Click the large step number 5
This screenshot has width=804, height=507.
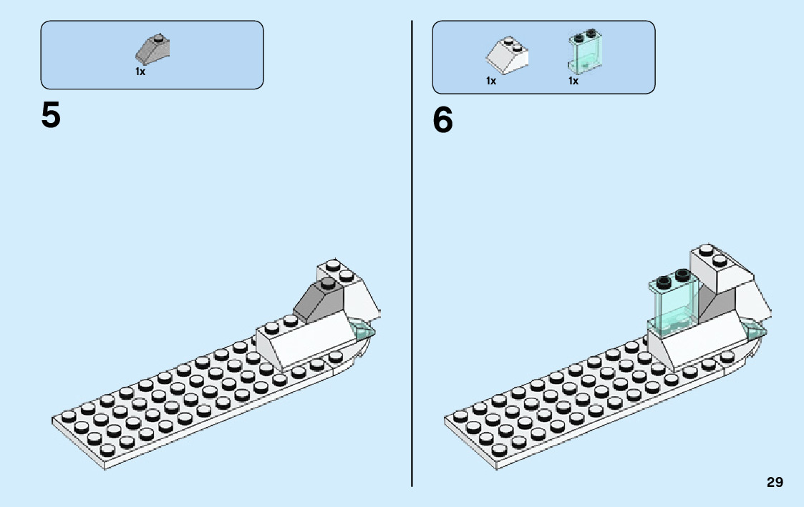pyautogui.click(x=51, y=116)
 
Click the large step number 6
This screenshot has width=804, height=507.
pyautogui.click(x=442, y=121)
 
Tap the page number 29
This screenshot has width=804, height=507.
pyautogui.click(x=775, y=483)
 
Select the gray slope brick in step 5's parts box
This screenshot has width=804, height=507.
pyautogui.click(x=152, y=49)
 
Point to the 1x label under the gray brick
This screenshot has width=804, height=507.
pyautogui.click(x=140, y=72)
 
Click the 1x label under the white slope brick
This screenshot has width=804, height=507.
pyautogui.click(x=491, y=81)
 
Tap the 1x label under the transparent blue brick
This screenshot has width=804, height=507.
pyautogui.click(x=573, y=81)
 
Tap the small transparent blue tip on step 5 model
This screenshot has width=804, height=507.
pyautogui.click(x=364, y=330)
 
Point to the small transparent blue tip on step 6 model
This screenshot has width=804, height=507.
pyautogui.click(x=756, y=330)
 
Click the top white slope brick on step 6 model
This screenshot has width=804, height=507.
pyautogui.click(x=719, y=270)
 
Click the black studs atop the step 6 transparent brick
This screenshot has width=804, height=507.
pyautogui.click(x=671, y=275)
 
